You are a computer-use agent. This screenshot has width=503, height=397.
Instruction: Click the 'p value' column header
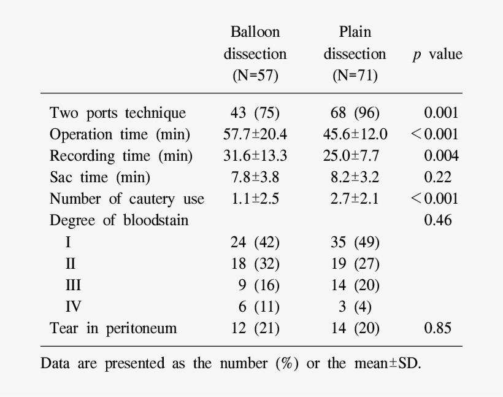[437, 54]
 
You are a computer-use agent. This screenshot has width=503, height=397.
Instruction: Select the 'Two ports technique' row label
[117, 113]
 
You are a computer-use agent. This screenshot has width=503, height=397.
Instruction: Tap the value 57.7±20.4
[255, 134]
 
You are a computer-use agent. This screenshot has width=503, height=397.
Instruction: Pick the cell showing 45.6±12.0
[355, 134]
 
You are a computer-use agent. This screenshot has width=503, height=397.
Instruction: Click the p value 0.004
[441, 156]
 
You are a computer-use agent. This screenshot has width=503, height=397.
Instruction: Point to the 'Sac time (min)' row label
[100, 177]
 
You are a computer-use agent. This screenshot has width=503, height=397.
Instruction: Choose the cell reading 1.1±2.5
[255, 199]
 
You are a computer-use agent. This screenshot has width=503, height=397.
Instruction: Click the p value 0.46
[437, 220]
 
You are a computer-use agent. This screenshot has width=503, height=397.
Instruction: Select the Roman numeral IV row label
[73, 306]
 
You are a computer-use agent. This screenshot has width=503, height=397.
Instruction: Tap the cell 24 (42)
[255, 242]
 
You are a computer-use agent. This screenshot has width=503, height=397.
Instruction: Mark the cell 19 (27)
[355, 264]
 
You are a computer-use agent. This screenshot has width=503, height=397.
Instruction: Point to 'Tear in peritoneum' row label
[113, 328]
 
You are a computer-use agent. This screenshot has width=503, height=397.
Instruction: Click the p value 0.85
[437, 328]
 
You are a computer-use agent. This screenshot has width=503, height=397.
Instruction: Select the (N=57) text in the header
[255, 76]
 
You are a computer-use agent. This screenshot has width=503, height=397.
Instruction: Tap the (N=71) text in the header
[355, 76]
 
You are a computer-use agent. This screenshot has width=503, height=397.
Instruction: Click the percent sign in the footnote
[287, 363]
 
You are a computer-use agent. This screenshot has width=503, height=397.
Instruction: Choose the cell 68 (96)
[355, 113]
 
